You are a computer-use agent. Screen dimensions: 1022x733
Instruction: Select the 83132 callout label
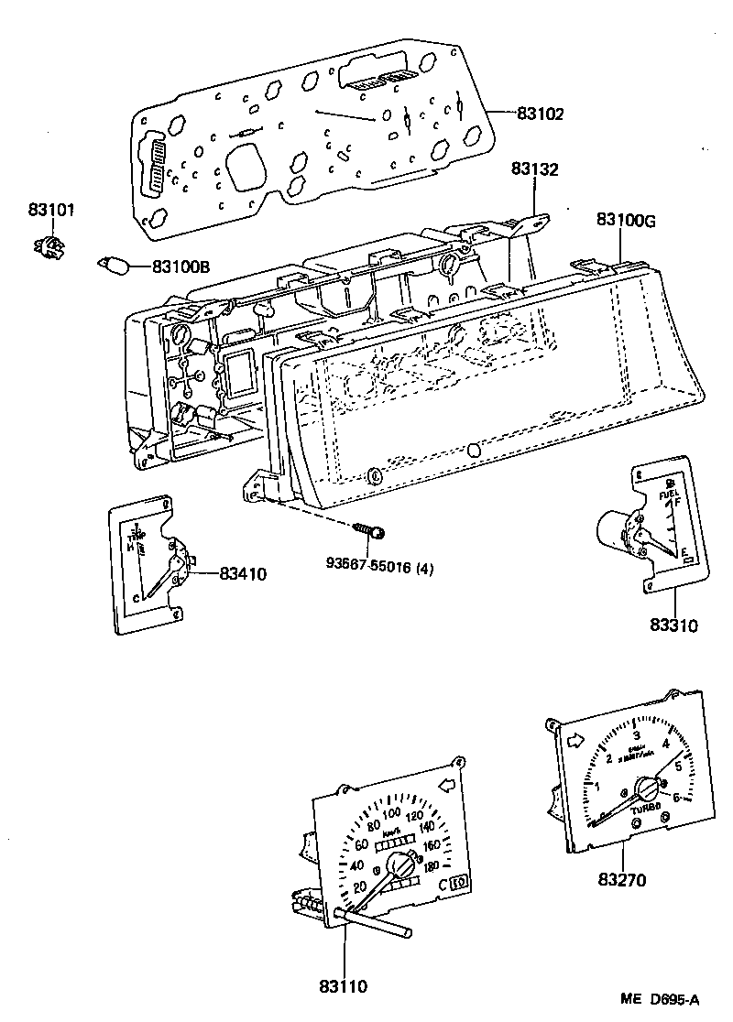(535, 169)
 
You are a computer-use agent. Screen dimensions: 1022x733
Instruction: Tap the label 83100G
(626, 220)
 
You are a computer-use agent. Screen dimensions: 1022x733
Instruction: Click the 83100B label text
(181, 266)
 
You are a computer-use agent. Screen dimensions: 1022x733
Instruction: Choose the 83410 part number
(242, 574)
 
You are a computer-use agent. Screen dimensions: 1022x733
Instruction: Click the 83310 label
(674, 626)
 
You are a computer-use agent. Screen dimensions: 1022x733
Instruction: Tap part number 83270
(623, 880)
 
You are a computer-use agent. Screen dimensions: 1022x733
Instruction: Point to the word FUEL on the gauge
(668, 495)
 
